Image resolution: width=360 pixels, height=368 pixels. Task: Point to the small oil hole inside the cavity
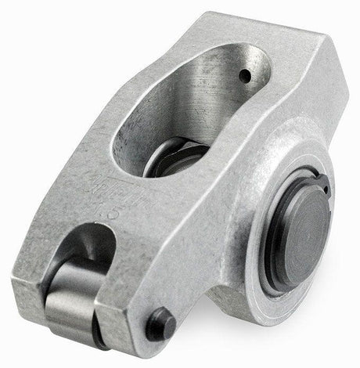(246, 76)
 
